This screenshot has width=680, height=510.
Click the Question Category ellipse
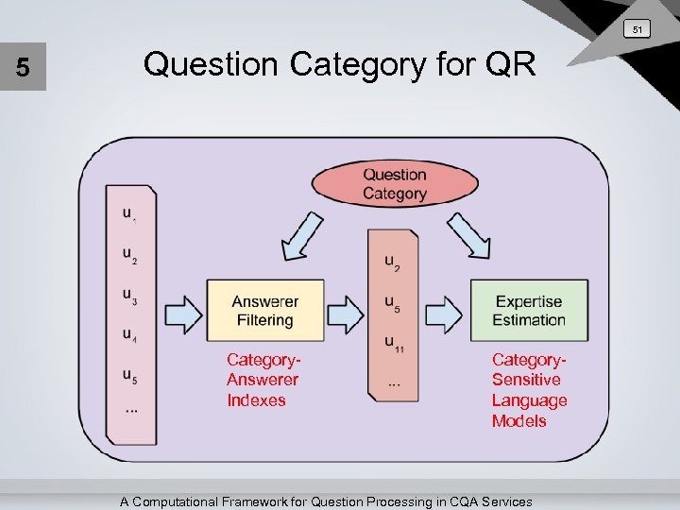tap(395, 184)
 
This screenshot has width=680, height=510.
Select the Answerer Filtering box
tap(264, 311)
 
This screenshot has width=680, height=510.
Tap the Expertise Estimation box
tap(528, 311)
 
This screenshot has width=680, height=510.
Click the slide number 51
tap(637, 30)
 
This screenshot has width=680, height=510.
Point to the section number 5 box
tap(23, 69)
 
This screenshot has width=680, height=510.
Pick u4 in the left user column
tap(129, 334)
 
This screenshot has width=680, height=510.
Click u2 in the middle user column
tap(392, 262)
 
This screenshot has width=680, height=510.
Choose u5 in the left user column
tap(129, 374)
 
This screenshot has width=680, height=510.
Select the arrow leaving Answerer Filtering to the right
tap(346, 311)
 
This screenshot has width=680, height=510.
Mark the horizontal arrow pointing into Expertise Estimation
tap(443, 311)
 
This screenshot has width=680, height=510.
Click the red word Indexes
tap(256, 400)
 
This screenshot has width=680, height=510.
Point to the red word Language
tap(529, 400)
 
